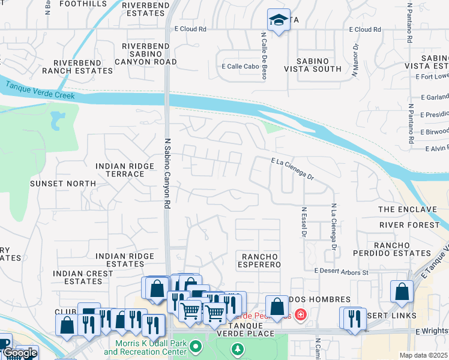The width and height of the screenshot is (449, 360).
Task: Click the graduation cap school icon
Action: (278, 20)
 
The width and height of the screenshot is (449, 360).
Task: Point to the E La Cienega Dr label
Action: (292, 169)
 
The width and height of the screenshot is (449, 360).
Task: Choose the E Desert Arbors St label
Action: (341, 272)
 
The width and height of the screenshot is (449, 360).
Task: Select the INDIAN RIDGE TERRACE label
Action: (121, 170)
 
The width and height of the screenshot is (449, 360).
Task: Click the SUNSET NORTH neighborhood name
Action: (63, 183)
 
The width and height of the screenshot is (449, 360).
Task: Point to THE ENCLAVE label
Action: (407, 209)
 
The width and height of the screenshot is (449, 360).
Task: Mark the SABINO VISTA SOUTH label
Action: (321, 65)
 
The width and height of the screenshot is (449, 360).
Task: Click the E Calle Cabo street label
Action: (240, 67)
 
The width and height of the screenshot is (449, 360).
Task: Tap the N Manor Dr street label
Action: (355, 59)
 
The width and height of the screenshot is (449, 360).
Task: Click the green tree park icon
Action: (238, 349)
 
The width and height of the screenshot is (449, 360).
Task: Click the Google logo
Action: (20, 353)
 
